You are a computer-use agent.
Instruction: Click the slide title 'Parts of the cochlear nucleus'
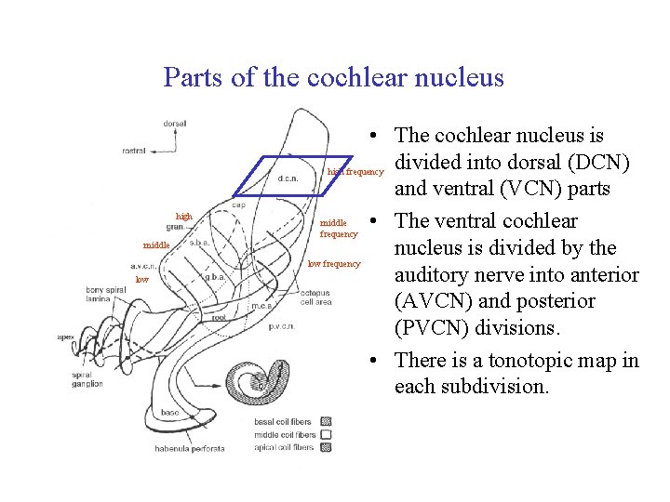coord(333,77)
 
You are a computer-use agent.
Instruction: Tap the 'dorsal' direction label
coord(174,123)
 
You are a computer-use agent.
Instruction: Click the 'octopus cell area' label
coord(315,297)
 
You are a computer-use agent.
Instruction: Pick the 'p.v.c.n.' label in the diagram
coord(282,326)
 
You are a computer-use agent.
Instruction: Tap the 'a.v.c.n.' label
coord(142,266)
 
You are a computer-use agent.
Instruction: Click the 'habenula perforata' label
coord(190,449)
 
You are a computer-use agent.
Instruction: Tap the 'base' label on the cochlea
coord(170,412)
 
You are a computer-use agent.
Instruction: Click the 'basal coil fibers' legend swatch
coord(326,421)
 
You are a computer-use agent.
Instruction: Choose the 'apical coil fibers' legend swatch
coord(326,447)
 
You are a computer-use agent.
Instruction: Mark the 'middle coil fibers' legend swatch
coord(326,434)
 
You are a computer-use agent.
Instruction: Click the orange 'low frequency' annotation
coord(334,264)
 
